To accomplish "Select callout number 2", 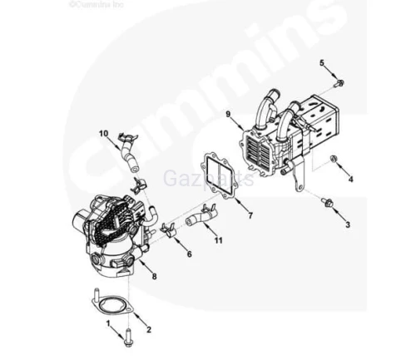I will click(x=149, y=329).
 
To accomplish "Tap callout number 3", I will click(x=349, y=224).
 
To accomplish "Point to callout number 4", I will click(x=350, y=178).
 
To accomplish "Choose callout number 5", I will click(x=322, y=63).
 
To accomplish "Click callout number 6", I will click(x=189, y=254).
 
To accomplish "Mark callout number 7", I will click(x=249, y=215).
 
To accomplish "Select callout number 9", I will click(x=227, y=113).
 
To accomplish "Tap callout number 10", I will click(x=104, y=133).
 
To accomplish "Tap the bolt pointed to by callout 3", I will click(x=326, y=201).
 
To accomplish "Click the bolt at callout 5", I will click(x=339, y=81).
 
